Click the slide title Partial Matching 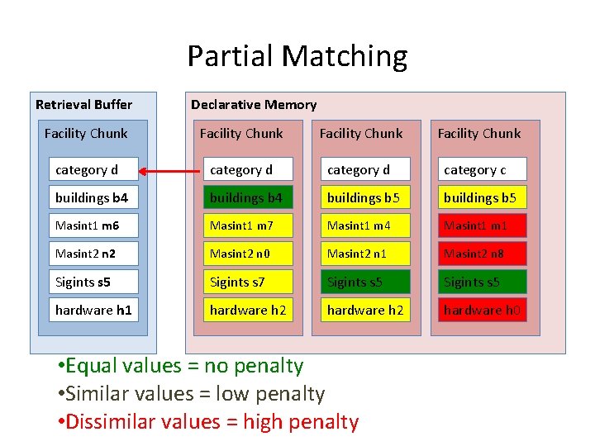pyautogui.click(x=297, y=56)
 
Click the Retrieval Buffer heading pyautogui.click(x=83, y=104)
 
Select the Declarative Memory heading pyautogui.click(x=254, y=104)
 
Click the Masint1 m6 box pyautogui.click(x=93, y=225)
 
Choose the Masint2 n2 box pyautogui.click(x=93, y=254)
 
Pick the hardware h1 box pyautogui.click(x=93, y=310)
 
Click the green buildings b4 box pyautogui.click(x=248, y=198)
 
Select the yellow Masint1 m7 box pyautogui.click(x=248, y=225)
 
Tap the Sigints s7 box pyautogui.click(x=248, y=282)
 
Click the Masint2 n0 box pyautogui.click(x=248, y=254)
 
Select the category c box pyautogui.click(x=482, y=170)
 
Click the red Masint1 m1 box pyautogui.click(x=482, y=225)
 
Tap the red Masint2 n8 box pyautogui.click(x=482, y=254)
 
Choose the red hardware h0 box pyautogui.click(x=482, y=310)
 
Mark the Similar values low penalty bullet pyautogui.click(x=192, y=394)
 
